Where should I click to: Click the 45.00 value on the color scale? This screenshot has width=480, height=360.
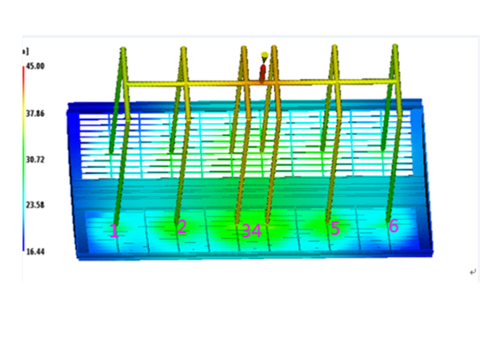pos(35,66)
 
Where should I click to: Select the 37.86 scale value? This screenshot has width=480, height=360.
pos(35,114)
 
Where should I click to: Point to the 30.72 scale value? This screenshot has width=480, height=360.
pos(35,160)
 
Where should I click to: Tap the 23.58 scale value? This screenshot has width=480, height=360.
pos(35,205)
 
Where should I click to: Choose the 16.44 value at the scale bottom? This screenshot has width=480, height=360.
pos(35,251)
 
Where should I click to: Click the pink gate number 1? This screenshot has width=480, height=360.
pos(114,231)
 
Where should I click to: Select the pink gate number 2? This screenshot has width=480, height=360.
pos(182,227)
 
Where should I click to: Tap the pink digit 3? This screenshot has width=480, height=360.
pos(247,231)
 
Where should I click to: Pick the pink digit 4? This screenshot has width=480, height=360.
pos(257,231)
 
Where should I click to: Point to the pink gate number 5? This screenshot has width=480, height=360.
pos(335,229)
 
